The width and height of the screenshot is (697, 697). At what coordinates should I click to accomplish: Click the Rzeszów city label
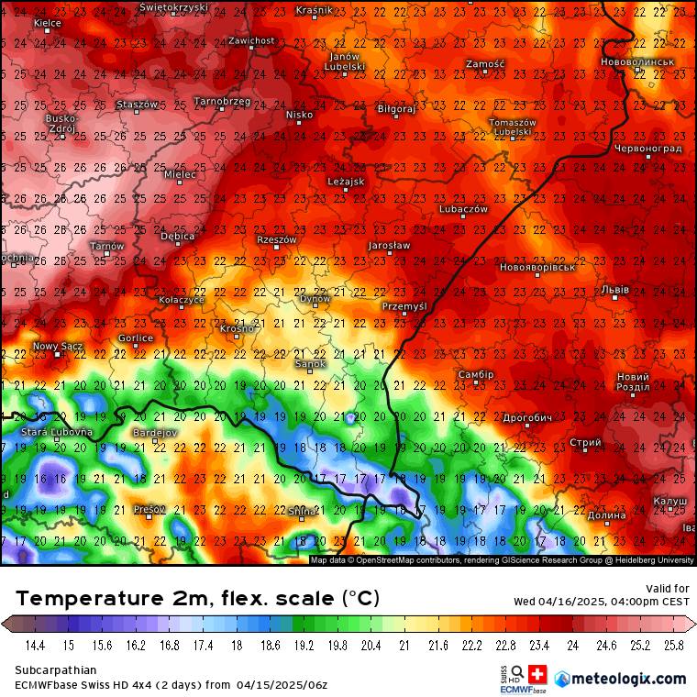click(277, 239)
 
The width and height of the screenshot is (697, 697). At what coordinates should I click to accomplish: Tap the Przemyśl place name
click(404, 306)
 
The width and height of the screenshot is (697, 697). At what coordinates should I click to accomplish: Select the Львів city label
click(615, 289)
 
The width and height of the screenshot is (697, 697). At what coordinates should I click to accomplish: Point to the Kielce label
click(47, 22)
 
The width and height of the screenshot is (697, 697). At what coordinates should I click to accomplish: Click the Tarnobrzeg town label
click(222, 101)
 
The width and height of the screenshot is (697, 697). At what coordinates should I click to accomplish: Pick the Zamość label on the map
click(485, 64)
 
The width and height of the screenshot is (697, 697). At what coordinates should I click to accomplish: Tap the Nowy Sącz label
click(58, 346)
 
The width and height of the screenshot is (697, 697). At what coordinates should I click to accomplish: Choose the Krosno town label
click(237, 328)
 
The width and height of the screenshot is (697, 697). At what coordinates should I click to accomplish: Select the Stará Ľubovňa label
click(57, 431)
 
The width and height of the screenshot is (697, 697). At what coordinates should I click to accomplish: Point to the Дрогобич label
click(528, 417)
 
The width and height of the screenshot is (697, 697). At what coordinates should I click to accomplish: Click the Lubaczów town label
click(464, 209)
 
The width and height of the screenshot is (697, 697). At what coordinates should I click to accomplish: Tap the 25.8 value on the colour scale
click(674, 646)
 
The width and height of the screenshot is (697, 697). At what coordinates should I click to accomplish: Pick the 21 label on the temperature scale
click(404, 646)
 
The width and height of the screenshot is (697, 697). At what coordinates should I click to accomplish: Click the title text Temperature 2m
click(110, 599)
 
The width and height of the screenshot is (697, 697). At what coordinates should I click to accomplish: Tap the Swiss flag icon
click(538, 672)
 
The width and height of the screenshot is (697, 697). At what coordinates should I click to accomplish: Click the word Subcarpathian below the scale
click(56, 670)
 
